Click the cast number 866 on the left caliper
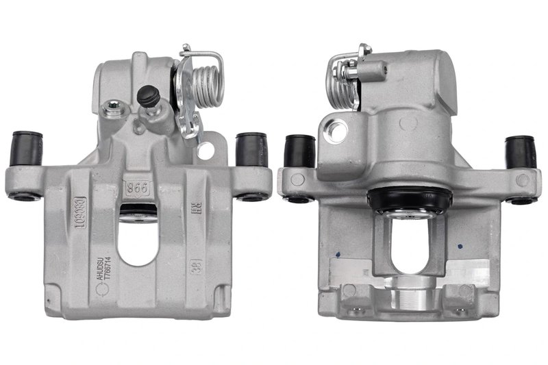tap(136, 187)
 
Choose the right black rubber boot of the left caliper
tap(251, 149)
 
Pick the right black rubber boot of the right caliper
tap(520, 152)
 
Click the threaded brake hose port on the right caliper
tap(336, 129)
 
